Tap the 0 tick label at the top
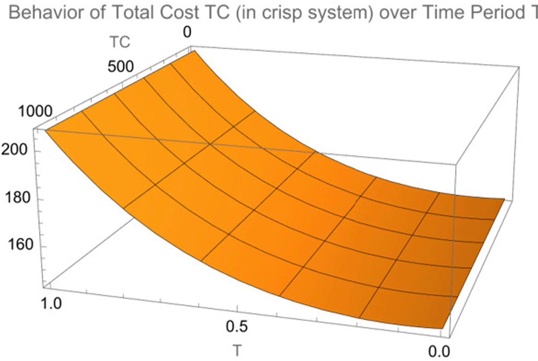[187, 33]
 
